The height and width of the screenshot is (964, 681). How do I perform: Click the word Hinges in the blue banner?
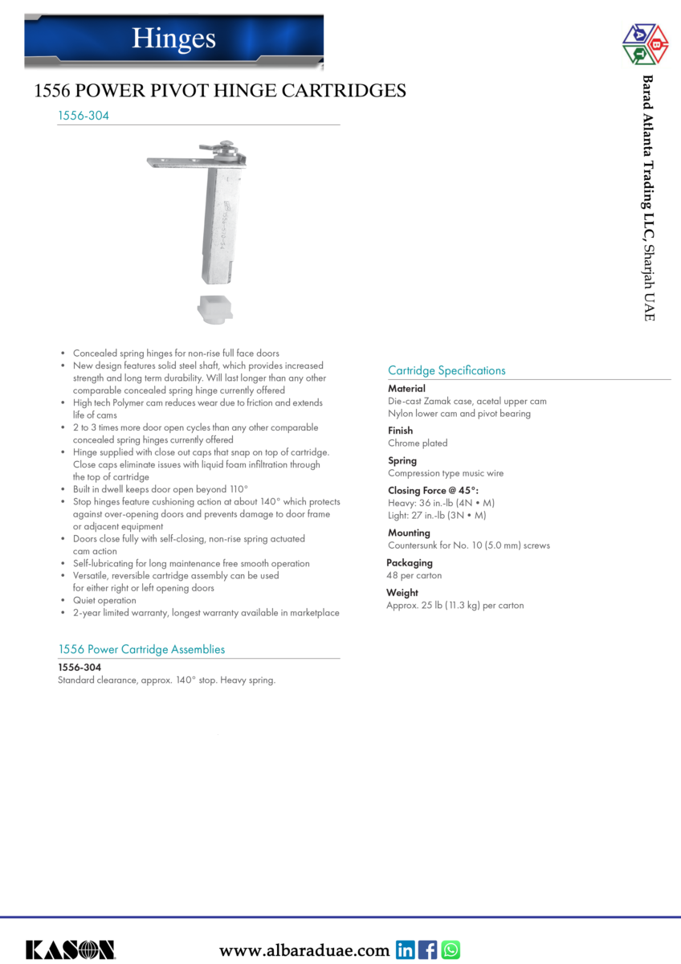click(x=173, y=38)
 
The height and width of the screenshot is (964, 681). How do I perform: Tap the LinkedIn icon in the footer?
click(x=406, y=950)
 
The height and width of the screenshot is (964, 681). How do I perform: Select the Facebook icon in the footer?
click(x=428, y=950)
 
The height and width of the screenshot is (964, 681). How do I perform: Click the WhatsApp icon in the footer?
click(x=451, y=950)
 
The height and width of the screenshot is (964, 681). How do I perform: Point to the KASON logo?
click(x=71, y=950)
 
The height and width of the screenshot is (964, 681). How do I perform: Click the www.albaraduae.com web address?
click(x=304, y=951)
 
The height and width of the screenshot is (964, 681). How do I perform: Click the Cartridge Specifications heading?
click(x=447, y=370)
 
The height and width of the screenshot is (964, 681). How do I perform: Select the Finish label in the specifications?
click(x=400, y=431)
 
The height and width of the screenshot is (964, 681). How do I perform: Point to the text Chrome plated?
click(x=418, y=443)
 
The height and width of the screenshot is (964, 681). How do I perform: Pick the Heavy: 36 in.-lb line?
click(x=441, y=503)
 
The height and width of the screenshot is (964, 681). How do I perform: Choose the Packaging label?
click(x=410, y=563)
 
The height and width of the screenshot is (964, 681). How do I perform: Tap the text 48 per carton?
click(x=414, y=576)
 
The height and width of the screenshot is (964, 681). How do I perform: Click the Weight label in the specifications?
click(x=403, y=593)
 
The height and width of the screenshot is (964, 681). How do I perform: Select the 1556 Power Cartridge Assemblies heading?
click(x=141, y=649)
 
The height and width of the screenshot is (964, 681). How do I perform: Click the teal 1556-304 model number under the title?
click(x=84, y=116)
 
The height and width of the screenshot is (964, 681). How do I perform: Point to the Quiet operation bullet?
click(x=104, y=600)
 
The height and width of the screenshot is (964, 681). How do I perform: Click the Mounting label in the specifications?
click(x=409, y=533)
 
